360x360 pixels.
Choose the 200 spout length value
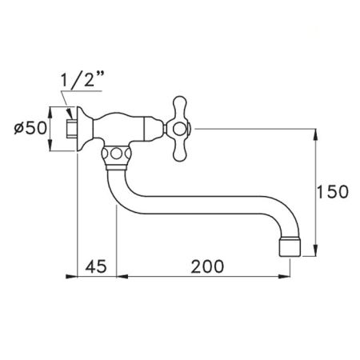tap(206, 264)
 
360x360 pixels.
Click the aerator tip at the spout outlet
tap(291, 246)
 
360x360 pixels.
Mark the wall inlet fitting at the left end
tap(70, 128)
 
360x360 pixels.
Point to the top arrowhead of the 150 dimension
tap(318, 131)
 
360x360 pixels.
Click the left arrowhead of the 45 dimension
tap(80, 276)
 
